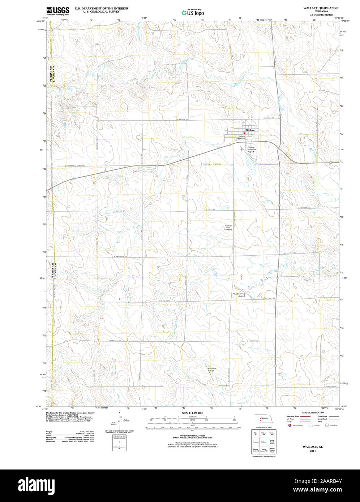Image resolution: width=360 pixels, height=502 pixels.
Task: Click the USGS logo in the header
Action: pyautogui.click(x=57, y=11)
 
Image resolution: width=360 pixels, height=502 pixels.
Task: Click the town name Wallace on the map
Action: pyautogui.click(x=250, y=130)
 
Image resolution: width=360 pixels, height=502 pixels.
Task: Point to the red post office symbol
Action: pyautogui.click(x=244, y=133)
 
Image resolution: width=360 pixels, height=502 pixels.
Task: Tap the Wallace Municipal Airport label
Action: pyautogui.click(x=251, y=150)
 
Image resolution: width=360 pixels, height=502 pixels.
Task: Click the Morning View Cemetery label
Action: pyautogui.click(x=228, y=228)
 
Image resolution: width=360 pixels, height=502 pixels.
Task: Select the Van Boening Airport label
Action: pyautogui.click(x=239, y=295)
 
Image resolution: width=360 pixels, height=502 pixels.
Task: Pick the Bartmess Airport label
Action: pyautogui.click(x=211, y=369)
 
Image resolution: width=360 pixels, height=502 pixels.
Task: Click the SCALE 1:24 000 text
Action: pyautogui.click(x=192, y=413)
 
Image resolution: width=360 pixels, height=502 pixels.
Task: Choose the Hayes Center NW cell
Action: pyautogui.click(x=263, y=450)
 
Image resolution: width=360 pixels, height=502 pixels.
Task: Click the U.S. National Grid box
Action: pyautogui.click(x=119, y=436)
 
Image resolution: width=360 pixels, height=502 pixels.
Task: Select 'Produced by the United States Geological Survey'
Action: pyautogui.click(x=70, y=412)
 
